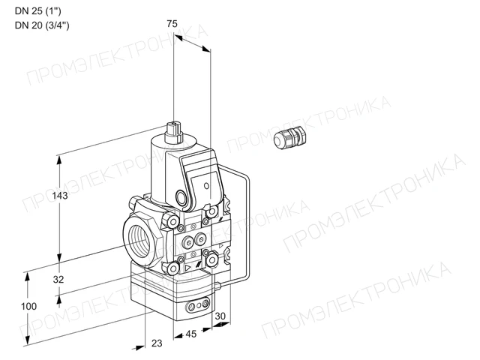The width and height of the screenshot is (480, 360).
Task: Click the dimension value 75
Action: point(172,23)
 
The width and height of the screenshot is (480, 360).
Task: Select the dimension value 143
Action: point(60,195)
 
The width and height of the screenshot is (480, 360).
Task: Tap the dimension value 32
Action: point(58,279)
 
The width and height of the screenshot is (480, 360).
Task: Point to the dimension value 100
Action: point(28,306)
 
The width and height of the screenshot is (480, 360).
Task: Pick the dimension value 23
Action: point(157,343)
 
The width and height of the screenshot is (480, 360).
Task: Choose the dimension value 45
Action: point(191,334)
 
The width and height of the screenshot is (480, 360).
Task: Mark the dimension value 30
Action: point(220,316)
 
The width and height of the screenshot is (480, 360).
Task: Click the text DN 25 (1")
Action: point(38,11)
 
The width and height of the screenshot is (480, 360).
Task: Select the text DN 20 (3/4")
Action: point(42,25)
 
